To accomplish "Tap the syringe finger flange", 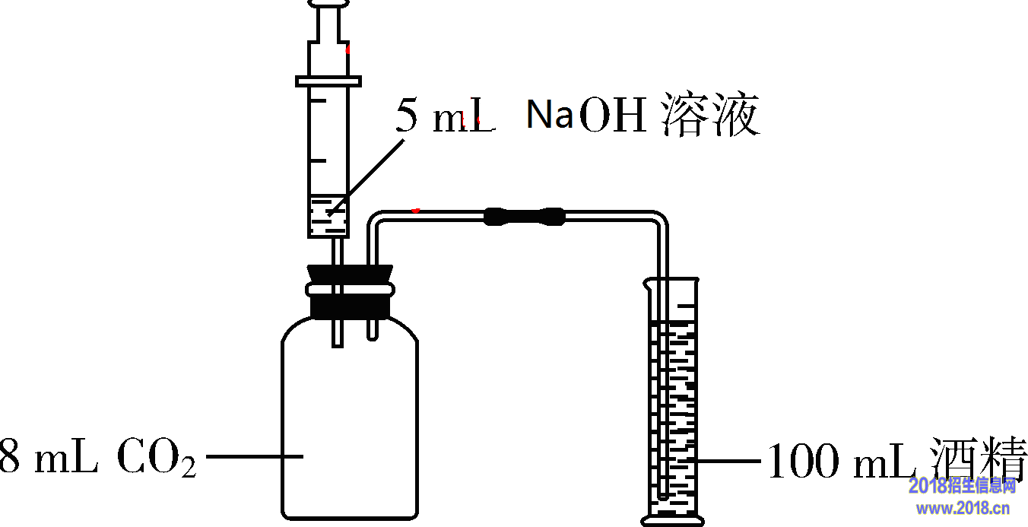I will pos(328,80).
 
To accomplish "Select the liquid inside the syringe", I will pos(328,216).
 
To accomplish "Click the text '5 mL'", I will pos(445,117).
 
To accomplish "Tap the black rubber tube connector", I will pos(525,216).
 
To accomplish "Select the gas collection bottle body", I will pos(350,426).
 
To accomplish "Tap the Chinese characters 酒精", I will pos(981,459).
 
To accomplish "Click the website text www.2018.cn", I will pos(962,508).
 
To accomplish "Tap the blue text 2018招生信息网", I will pos(962,485).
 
